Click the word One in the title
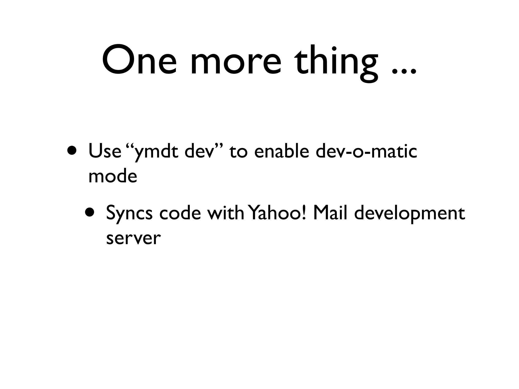click(139, 60)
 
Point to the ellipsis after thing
click(404, 71)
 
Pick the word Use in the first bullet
click(104, 151)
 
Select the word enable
click(282, 151)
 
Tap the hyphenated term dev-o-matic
click(366, 151)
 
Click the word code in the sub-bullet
click(180, 213)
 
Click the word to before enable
click(238, 152)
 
